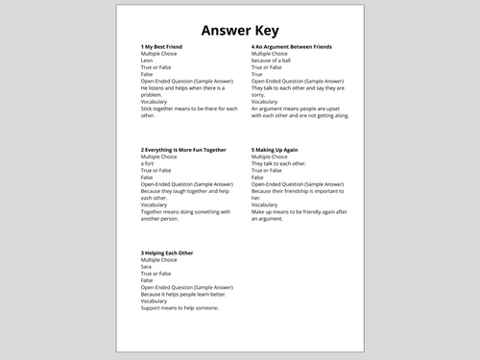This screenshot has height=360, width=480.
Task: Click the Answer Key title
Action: point(240,27)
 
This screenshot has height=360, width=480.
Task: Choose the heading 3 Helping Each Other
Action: point(174,253)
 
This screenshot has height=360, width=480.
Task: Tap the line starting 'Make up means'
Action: point(299,210)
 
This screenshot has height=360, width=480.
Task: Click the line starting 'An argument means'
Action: point(300,108)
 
